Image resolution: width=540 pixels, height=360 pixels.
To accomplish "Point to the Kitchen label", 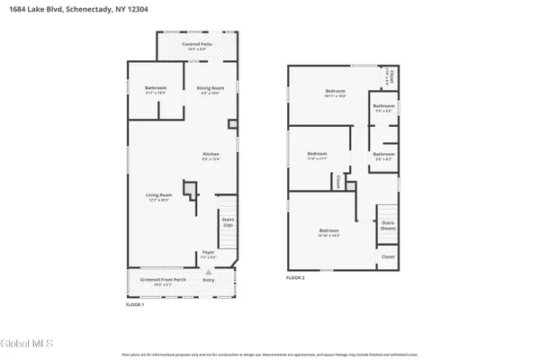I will point(211,156).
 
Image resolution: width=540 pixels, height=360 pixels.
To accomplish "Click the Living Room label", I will point(158,198).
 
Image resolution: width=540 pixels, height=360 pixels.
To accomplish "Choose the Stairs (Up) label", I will point(228,222).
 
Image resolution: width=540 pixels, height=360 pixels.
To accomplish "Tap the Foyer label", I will point(208,254).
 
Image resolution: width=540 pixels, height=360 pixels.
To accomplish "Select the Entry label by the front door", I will point(209,281).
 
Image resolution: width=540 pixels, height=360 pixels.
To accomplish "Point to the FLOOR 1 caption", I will point(135,305).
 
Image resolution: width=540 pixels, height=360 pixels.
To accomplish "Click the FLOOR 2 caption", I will point(296,278).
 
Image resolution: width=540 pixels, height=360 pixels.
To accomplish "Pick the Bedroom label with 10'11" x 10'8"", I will point(335,92).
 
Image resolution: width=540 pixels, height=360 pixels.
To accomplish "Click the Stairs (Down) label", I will point(388,224).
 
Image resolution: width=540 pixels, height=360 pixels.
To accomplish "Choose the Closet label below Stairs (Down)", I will point(388,256).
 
